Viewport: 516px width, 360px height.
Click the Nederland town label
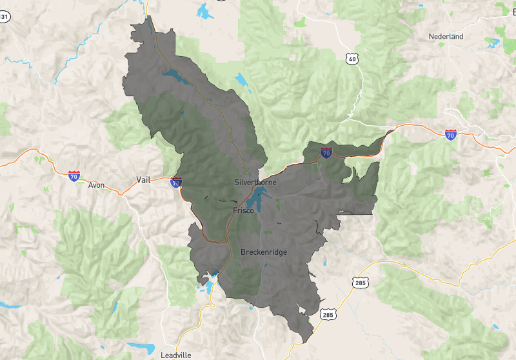[x=446, y=37]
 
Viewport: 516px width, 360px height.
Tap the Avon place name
[x=96, y=185]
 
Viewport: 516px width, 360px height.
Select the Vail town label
[x=143, y=180]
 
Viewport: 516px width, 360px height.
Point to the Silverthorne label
[x=255, y=183]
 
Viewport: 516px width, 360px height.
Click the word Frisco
[x=244, y=210]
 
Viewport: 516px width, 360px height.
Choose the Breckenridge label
[x=263, y=252]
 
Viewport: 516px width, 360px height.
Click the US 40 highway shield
[x=352, y=59]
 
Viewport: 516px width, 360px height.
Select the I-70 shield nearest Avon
[x=74, y=175]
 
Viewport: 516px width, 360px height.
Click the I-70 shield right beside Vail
[x=175, y=183]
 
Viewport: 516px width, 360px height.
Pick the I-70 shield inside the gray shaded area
[x=326, y=153]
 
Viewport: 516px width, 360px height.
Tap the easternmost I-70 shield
[x=451, y=135]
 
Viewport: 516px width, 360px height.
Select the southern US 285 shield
[x=328, y=314]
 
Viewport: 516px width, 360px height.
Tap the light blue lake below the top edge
[x=205, y=11]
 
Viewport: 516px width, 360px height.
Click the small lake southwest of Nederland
[x=493, y=44]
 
